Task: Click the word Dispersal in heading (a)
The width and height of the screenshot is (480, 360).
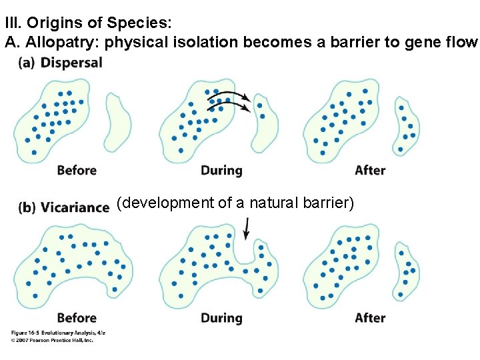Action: [71, 63]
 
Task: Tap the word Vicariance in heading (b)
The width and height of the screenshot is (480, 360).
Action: [75, 207]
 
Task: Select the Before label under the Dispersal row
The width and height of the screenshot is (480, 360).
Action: [77, 170]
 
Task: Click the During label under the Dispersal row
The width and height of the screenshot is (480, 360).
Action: [221, 170]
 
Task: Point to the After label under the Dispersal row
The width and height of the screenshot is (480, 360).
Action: [370, 170]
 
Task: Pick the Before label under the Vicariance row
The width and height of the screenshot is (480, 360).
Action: [77, 317]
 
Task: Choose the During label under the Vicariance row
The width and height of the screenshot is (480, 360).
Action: [221, 317]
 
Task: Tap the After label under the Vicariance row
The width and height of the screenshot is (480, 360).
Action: [370, 317]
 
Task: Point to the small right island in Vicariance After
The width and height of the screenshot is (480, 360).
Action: [407, 270]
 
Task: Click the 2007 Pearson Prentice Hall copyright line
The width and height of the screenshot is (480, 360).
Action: [52, 339]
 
